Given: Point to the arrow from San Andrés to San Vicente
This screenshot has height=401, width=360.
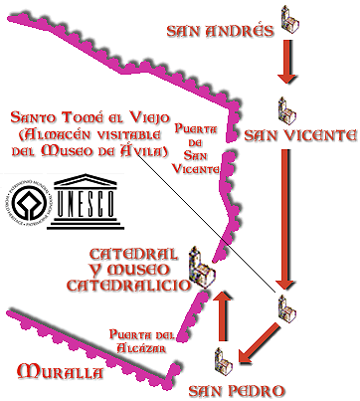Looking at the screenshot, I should [286, 65].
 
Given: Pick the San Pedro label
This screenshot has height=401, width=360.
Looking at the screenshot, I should [238, 388].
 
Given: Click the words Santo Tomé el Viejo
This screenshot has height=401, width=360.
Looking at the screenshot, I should [84, 112].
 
